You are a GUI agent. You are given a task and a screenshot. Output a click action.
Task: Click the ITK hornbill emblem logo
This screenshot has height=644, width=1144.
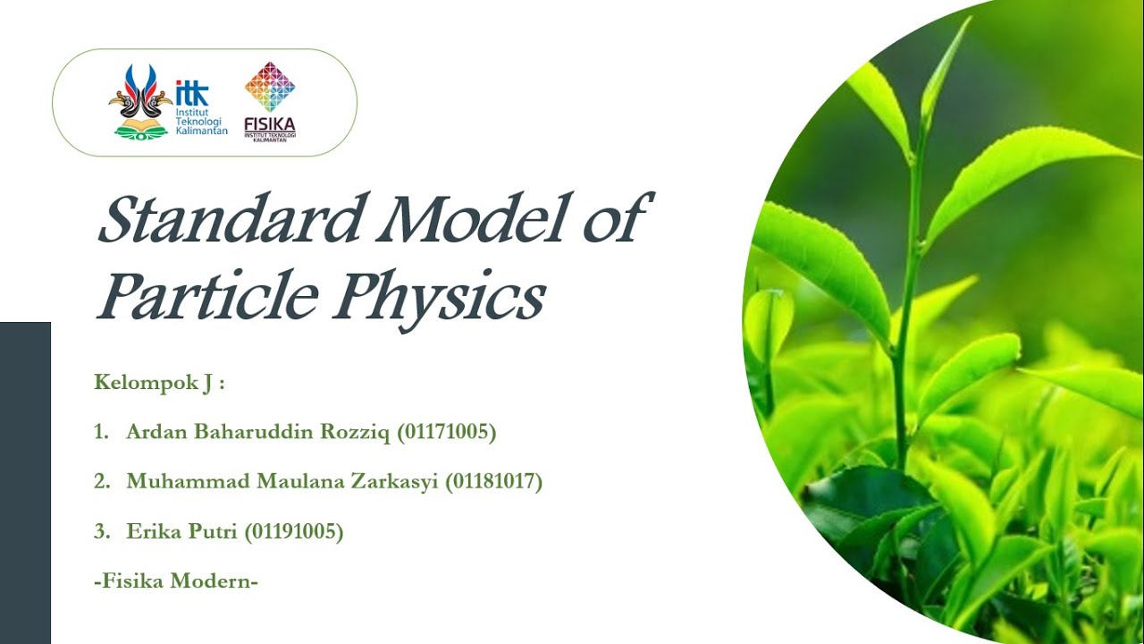pos(140,101)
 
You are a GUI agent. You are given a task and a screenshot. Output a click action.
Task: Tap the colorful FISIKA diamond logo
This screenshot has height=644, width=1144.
pos(270,87)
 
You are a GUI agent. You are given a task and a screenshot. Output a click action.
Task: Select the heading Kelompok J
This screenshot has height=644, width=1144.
pos(159,384)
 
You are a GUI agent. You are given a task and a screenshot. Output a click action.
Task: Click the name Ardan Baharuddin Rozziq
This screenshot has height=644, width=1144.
pos(259,433)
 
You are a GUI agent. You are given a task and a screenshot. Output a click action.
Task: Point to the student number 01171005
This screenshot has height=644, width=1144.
pos(446,433)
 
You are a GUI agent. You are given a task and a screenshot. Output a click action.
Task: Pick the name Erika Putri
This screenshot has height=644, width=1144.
pos(175,532)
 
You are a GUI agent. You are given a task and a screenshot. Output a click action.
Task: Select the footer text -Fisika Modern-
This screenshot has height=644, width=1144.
pos(176,581)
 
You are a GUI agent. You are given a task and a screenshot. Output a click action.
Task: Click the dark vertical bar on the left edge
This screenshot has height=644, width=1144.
pos(25,483)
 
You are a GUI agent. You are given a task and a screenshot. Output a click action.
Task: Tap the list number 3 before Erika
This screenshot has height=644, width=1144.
pos(100,532)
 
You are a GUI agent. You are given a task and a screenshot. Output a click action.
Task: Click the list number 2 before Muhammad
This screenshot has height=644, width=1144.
pos(100,482)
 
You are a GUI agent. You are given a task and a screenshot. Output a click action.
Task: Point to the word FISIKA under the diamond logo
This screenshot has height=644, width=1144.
pos(269,124)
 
